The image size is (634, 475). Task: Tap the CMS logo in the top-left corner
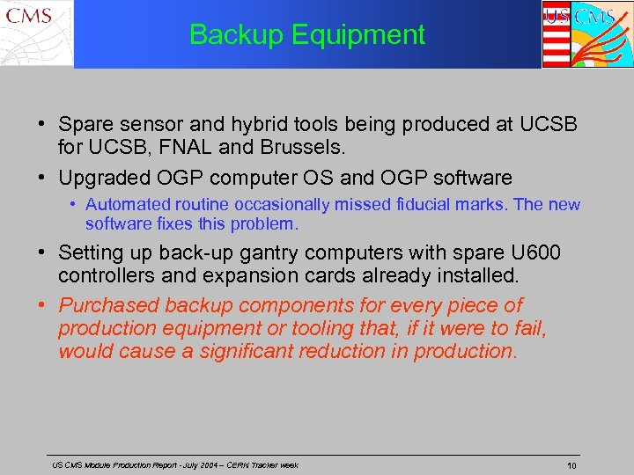click(x=36, y=33)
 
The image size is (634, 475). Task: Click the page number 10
click(x=571, y=465)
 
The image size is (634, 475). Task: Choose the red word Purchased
click(x=109, y=306)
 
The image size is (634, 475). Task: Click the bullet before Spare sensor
click(x=43, y=125)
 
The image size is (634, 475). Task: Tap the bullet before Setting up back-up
click(x=43, y=253)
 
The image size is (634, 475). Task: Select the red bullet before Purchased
click(x=43, y=306)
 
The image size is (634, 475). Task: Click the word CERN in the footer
click(x=235, y=465)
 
